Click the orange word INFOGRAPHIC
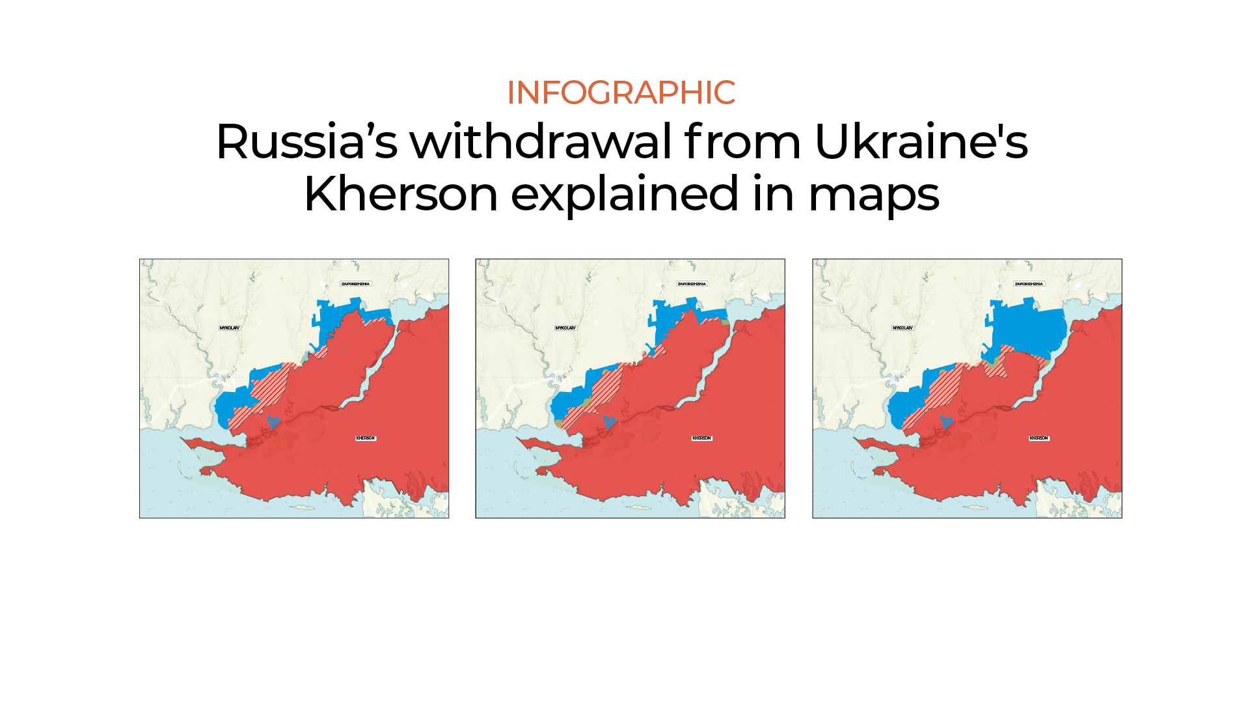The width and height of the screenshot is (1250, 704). pyautogui.click(x=621, y=92)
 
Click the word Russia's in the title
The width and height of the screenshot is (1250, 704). pyautogui.click(x=306, y=142)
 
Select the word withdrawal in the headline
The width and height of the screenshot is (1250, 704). pyautogui.click(x=540, y=142)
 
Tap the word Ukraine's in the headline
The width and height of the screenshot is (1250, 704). pyautogui.click(x=921, y=142)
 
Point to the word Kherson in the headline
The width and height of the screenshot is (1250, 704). pyautogui.click(x=400, y=194)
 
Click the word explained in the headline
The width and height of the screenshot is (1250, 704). pyautogui.click(x=625, y=194)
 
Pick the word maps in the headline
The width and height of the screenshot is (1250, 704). pyautogui.click(x=873, y=194)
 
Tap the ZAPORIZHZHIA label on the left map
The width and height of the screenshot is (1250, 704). pyautogui.click(x=355, y=284)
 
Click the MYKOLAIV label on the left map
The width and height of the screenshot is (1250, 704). pyautogui.click(x=229, y=328)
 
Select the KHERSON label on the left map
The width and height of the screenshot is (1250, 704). pyautogui.click(x=366, y=438)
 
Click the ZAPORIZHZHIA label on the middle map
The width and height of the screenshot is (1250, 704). pyautogui.click(x=692, y=284)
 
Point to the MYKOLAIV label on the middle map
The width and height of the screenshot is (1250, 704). pyautogui.click(x=565, y=328)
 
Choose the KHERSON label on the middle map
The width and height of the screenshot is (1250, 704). pyautogui.click(x=702, y=438)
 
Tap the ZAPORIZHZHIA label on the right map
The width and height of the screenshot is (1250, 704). pyautogui.click(x=1029, y=284)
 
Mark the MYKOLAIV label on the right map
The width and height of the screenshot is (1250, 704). pyautogui.click(x=903, y=328)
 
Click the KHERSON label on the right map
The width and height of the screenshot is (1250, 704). pyautogui.click(x=1039, y=438)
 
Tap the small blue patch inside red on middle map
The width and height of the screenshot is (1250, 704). pyautogui.click(x=610, y=422)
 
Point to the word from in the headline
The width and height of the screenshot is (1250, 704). pyautogui.click(x=742, y=142)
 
